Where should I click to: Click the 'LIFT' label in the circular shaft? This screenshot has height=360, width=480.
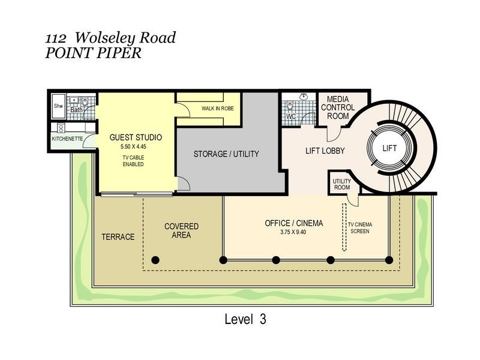389,147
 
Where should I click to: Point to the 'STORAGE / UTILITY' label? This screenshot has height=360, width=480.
226,154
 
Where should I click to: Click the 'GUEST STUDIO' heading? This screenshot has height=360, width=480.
136,137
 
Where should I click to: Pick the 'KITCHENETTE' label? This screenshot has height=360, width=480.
67,139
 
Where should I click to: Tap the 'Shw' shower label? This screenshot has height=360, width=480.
58,106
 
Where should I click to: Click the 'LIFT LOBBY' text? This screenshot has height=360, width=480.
325,151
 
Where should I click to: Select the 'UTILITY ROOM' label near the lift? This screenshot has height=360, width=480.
341,184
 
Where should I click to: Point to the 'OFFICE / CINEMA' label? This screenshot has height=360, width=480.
293,223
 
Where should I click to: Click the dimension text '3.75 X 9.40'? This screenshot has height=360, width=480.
293,232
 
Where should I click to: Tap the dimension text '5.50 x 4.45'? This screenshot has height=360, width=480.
133,146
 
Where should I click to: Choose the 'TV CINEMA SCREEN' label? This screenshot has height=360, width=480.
360,227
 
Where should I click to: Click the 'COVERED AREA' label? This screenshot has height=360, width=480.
181,230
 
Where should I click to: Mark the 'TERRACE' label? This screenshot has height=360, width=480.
118,236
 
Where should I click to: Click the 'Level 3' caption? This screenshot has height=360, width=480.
245,319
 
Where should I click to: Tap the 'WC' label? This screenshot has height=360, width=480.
292,116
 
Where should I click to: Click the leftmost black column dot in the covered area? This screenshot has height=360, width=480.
155,260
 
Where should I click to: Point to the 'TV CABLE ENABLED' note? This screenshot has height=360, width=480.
133,160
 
